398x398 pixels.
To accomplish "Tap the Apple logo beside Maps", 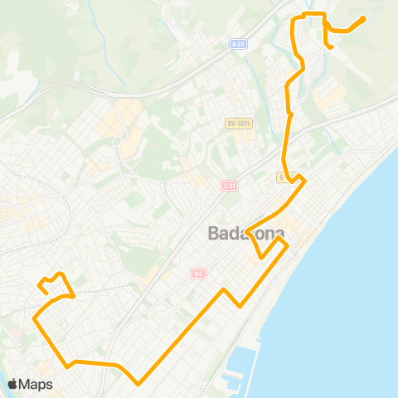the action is point(13,384).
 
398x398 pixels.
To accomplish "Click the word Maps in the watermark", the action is point(36,384).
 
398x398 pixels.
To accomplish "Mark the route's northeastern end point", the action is point(365,18).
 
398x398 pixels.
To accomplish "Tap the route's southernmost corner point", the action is point(138,383).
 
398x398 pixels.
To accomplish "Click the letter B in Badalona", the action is point(213,234).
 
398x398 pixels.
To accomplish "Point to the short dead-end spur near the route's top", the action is point(332,47).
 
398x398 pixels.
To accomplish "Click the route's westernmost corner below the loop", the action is point(34,318).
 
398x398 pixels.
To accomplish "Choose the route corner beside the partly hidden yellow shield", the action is point(304,179).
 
